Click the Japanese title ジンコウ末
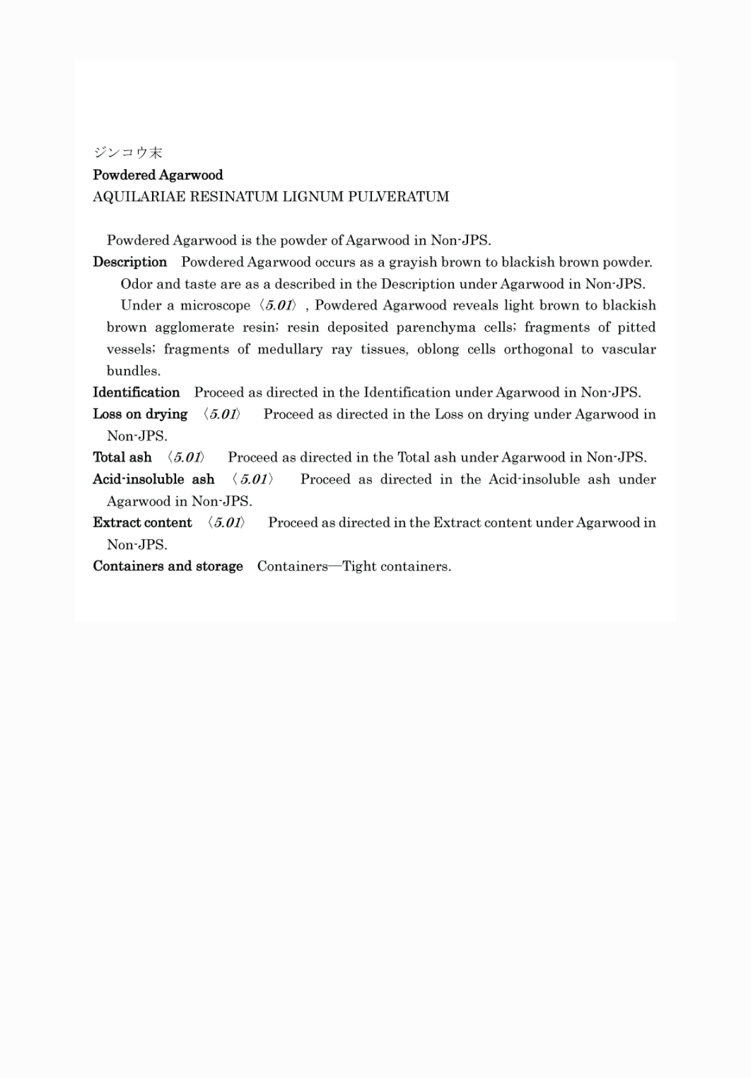click(x=128, y=153)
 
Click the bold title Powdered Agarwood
click(x=158, y=175)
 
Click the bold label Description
click(x=130, y=262)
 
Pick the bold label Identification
click(x=136, y=392)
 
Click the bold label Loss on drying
click(x=140, y=414)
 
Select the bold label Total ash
click(x=122, y=457)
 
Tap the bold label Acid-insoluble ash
click(x=153, y=479)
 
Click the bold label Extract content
click(x=142, y=523)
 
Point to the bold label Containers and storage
click(x=168, y=566)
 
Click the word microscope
click(x=215, y=305)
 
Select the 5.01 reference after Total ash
click(x=186, y=457)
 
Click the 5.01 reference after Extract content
click(x=226, y=523)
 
